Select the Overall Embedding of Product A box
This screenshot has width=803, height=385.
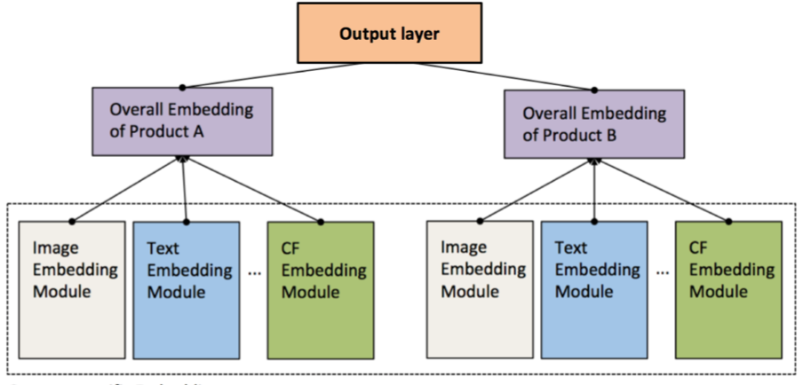point(181,122)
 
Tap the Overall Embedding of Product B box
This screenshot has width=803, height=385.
point(594,125)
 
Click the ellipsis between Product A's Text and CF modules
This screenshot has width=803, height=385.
point(254,272)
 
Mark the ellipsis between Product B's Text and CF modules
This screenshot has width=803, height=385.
point(662,272)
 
